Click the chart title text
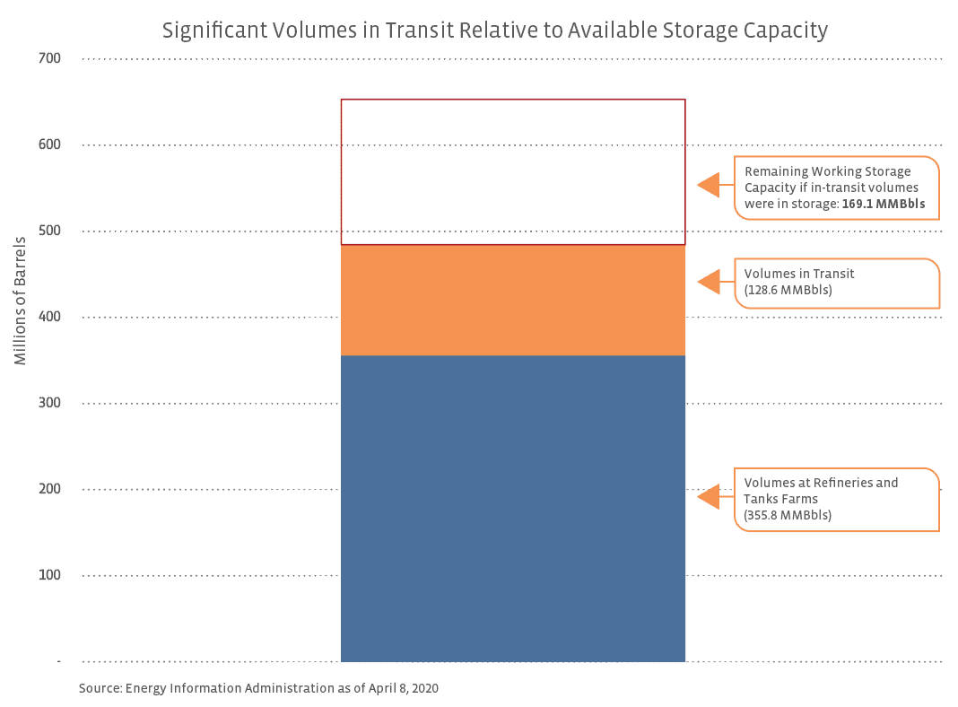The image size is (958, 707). pyautogui.click(x=494, y=30)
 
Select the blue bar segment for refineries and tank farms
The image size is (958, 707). pyautogui.click(x=512, y=508)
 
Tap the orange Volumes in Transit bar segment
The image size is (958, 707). pyautogui.click(x=512, y=300)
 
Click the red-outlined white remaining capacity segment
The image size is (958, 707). pyautogui.click(x=512, y=171)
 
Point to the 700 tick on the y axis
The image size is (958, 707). pyautogui.click(x=49, y=59)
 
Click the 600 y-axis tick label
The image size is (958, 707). pyautogui.click(x=49, y=144)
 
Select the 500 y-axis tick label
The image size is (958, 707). pyautogui.click(x=49, y=231)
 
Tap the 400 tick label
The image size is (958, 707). pyautogui.click(x=49, y=317)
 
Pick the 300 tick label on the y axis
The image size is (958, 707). pyautogui.click(x=49, y=403)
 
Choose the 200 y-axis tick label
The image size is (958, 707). pyautogui.click(x=49, y=489)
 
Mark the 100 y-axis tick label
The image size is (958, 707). pyautogui.click(x=49, y=575)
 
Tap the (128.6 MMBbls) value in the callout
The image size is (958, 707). pyautogui.click(x=788, y=291)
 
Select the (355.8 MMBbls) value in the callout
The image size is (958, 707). pyautogui.click(x=788, y=515)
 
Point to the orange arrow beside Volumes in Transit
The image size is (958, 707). pyautogui.click(x=710, y=282)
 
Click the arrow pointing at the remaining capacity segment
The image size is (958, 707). pyautogui.click(x=710, y=185)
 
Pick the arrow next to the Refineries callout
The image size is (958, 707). pyautogui.click(x=710, y=496)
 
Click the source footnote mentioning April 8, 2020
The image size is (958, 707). pyautogui.click(x=258, y=688)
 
